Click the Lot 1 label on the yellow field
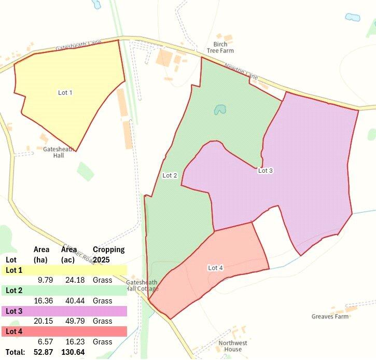pyautogui.click(x=65, y=93)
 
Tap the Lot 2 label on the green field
pyautogui.click(x=170, y=176)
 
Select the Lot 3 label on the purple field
pyautogui.click(x=265, y=171)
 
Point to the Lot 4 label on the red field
pyautogui.click(x=215, y=268)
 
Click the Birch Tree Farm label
pyautogui.click(x=220, y=48)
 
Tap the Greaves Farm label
pyautogui.click(x=330, y=316)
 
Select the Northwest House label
pyautogui.click(x=233, y=346)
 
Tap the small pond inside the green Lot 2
pyautogui.click(x=220, y=110)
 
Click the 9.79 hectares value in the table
pyautogui.click(x=46, y=280)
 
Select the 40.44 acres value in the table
pyautogui.click(x=73, y=301)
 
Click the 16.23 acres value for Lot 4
pyautogui.click(x=73, y=342)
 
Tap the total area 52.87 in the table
pyautogui.click(x=45, y=353)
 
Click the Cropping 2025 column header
pyautogui.click(x=108, y=254)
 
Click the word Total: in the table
pyautogui.click(x=15, y=353)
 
